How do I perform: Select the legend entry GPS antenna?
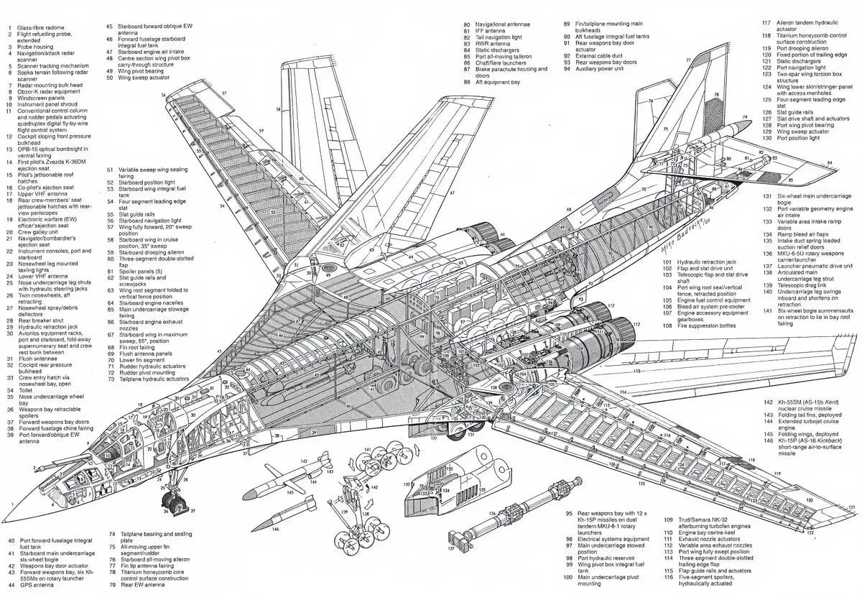[38, 585]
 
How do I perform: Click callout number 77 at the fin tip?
[688, 60]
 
